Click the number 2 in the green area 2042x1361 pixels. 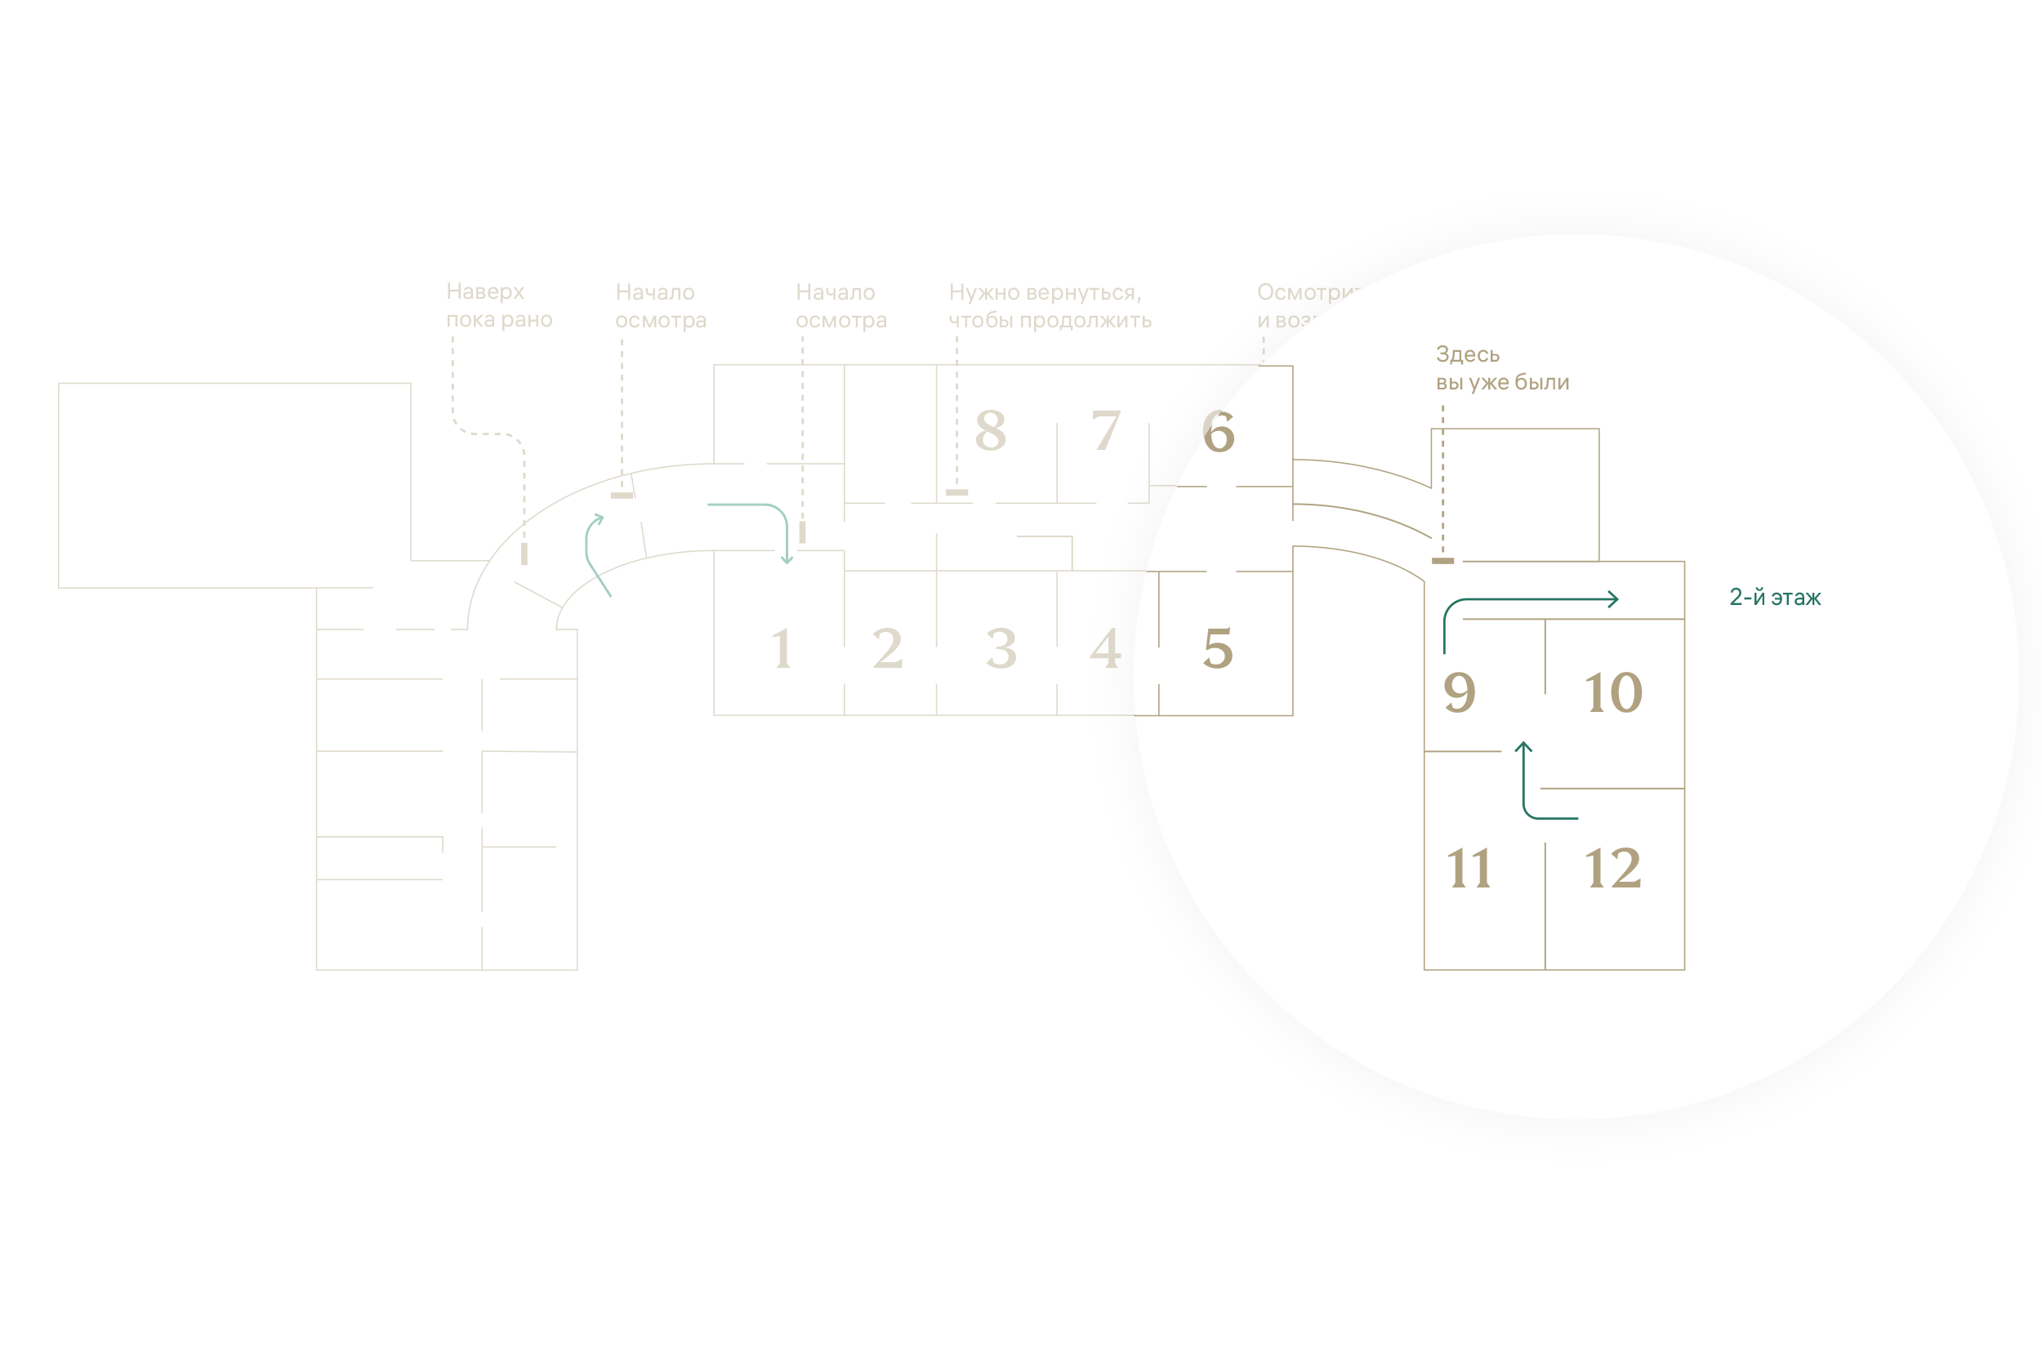pyautogui.click(x=887, y=649)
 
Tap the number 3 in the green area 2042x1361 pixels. pyautogui.click(x=1001, y=649)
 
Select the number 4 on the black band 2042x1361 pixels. pyautogui.click(x=1105, y=649)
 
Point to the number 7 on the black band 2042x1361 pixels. pyautogui.click(x=1105, y=431)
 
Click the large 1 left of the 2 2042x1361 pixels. pyautogui.click(x=782, y=649)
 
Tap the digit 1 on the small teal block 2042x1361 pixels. pyautogui.click(x=1595, y=693)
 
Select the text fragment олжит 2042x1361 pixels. pyautogui.click(x=1106, y=320)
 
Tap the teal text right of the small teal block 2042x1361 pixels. pyautogui.click(x=1775, y=597)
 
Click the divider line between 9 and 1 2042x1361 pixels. pyautogui.click(x=1545, y=657)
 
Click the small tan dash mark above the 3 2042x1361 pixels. pyautogui.click(x=956, y=493)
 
